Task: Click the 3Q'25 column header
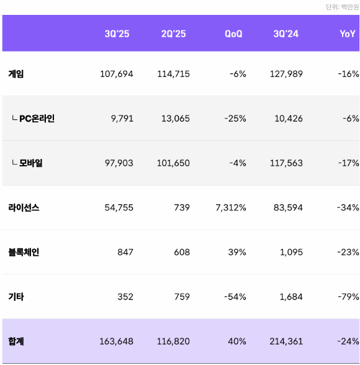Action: click(x=117, y=34)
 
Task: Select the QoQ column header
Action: click(x=233, y=34)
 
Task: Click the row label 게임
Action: click(x=16, y=74)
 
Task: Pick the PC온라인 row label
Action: click(x=37, y=119)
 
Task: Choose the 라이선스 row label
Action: click(x=24, y=208)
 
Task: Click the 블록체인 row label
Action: click(x=24, y=252)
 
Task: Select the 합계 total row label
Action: click(x=16, y=341)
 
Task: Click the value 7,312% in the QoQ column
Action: click(x=231, y=208)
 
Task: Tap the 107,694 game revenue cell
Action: click(x=117, y=74)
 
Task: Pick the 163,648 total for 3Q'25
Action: click(x=117, y=341)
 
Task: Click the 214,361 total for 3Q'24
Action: click(x=286, y=341)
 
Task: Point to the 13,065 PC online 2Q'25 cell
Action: click(x=176, y=119)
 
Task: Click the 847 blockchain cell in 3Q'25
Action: click(x=125, y=252)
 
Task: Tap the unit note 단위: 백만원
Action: click(x=342, y=7)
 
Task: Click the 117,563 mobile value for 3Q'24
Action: click(x=286, y=163)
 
